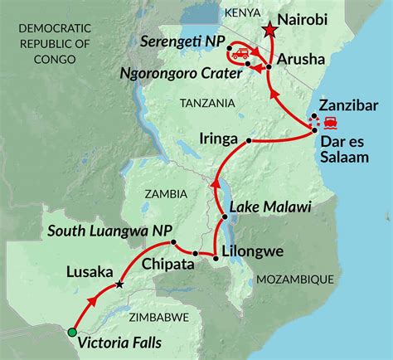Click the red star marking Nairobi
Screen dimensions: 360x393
[x=268, y=31]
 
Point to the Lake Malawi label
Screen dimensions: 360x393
[x=261, y=206]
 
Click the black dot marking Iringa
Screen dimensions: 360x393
[x=249, y=141]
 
